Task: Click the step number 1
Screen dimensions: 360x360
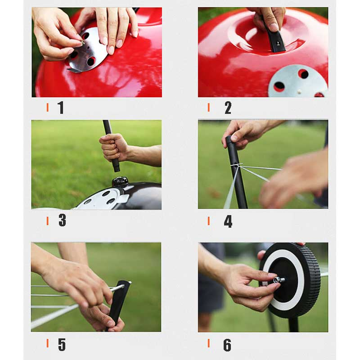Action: point(61,108)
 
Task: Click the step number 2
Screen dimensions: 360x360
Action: point(228,108)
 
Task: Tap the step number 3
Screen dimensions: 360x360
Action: point(63,220)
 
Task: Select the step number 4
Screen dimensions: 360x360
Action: point(228,221)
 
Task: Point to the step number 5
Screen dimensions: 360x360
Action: point(62,344)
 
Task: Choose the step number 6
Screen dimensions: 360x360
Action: point(227,345)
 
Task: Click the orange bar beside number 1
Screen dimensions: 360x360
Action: point(48,108)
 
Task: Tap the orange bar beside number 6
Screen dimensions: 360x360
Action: point(209,343)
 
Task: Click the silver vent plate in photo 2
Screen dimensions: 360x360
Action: point(298,81)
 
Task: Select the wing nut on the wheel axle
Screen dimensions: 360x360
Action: point(278,280)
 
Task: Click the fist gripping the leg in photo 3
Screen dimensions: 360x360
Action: point(114,147)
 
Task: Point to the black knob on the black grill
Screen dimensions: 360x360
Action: point(120,182)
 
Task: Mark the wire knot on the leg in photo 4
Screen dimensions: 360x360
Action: point(236,165)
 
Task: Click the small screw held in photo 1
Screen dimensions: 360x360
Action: point(82,42)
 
